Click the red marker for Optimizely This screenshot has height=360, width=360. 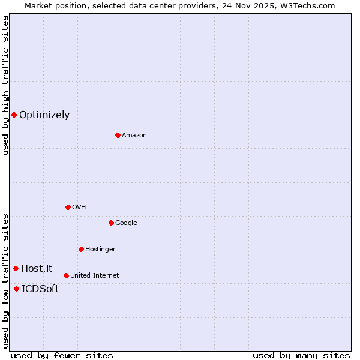[x=14, y=115]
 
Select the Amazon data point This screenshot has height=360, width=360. [x=118, y=135]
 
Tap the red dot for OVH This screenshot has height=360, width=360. [x=68, y=207]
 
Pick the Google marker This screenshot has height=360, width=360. [x=111, y=223]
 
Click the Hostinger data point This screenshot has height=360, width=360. [x=81, y=249]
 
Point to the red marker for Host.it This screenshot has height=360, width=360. [x=16, y=268]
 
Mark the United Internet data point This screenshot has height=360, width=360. [x=66, y=275]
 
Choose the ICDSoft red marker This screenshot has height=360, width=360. [x=16, y=289]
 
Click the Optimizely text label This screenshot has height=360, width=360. [x=44, y=115]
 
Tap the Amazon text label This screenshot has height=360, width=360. [x=134, y=136]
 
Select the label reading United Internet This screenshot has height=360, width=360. [x=95, y=276]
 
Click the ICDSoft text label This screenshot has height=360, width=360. [x=40, y=289]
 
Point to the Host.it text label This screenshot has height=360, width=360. [x=37, y=269]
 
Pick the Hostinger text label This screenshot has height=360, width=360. [x=100, y=250]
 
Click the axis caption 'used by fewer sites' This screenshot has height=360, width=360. [x=62, y=355]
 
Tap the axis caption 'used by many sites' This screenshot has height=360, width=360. [x=301, y=355]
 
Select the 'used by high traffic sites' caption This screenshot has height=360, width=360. [x=5, y=85]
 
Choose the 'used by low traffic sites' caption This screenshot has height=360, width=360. [x=5, y=280]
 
